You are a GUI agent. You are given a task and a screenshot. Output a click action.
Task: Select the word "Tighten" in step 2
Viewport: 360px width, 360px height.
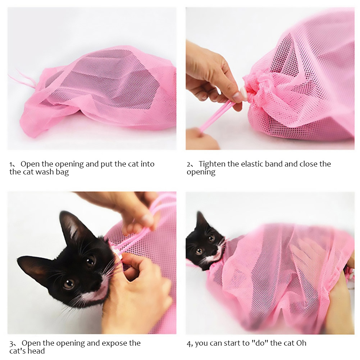[x=212, y=164]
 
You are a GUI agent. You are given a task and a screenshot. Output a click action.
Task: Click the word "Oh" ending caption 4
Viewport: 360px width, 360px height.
[x=301, y=343]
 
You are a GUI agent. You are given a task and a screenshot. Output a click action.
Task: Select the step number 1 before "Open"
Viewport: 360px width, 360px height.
[x=11, y=164]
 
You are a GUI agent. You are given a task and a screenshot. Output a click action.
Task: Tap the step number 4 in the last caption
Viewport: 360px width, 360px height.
[x=189, y=343]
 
